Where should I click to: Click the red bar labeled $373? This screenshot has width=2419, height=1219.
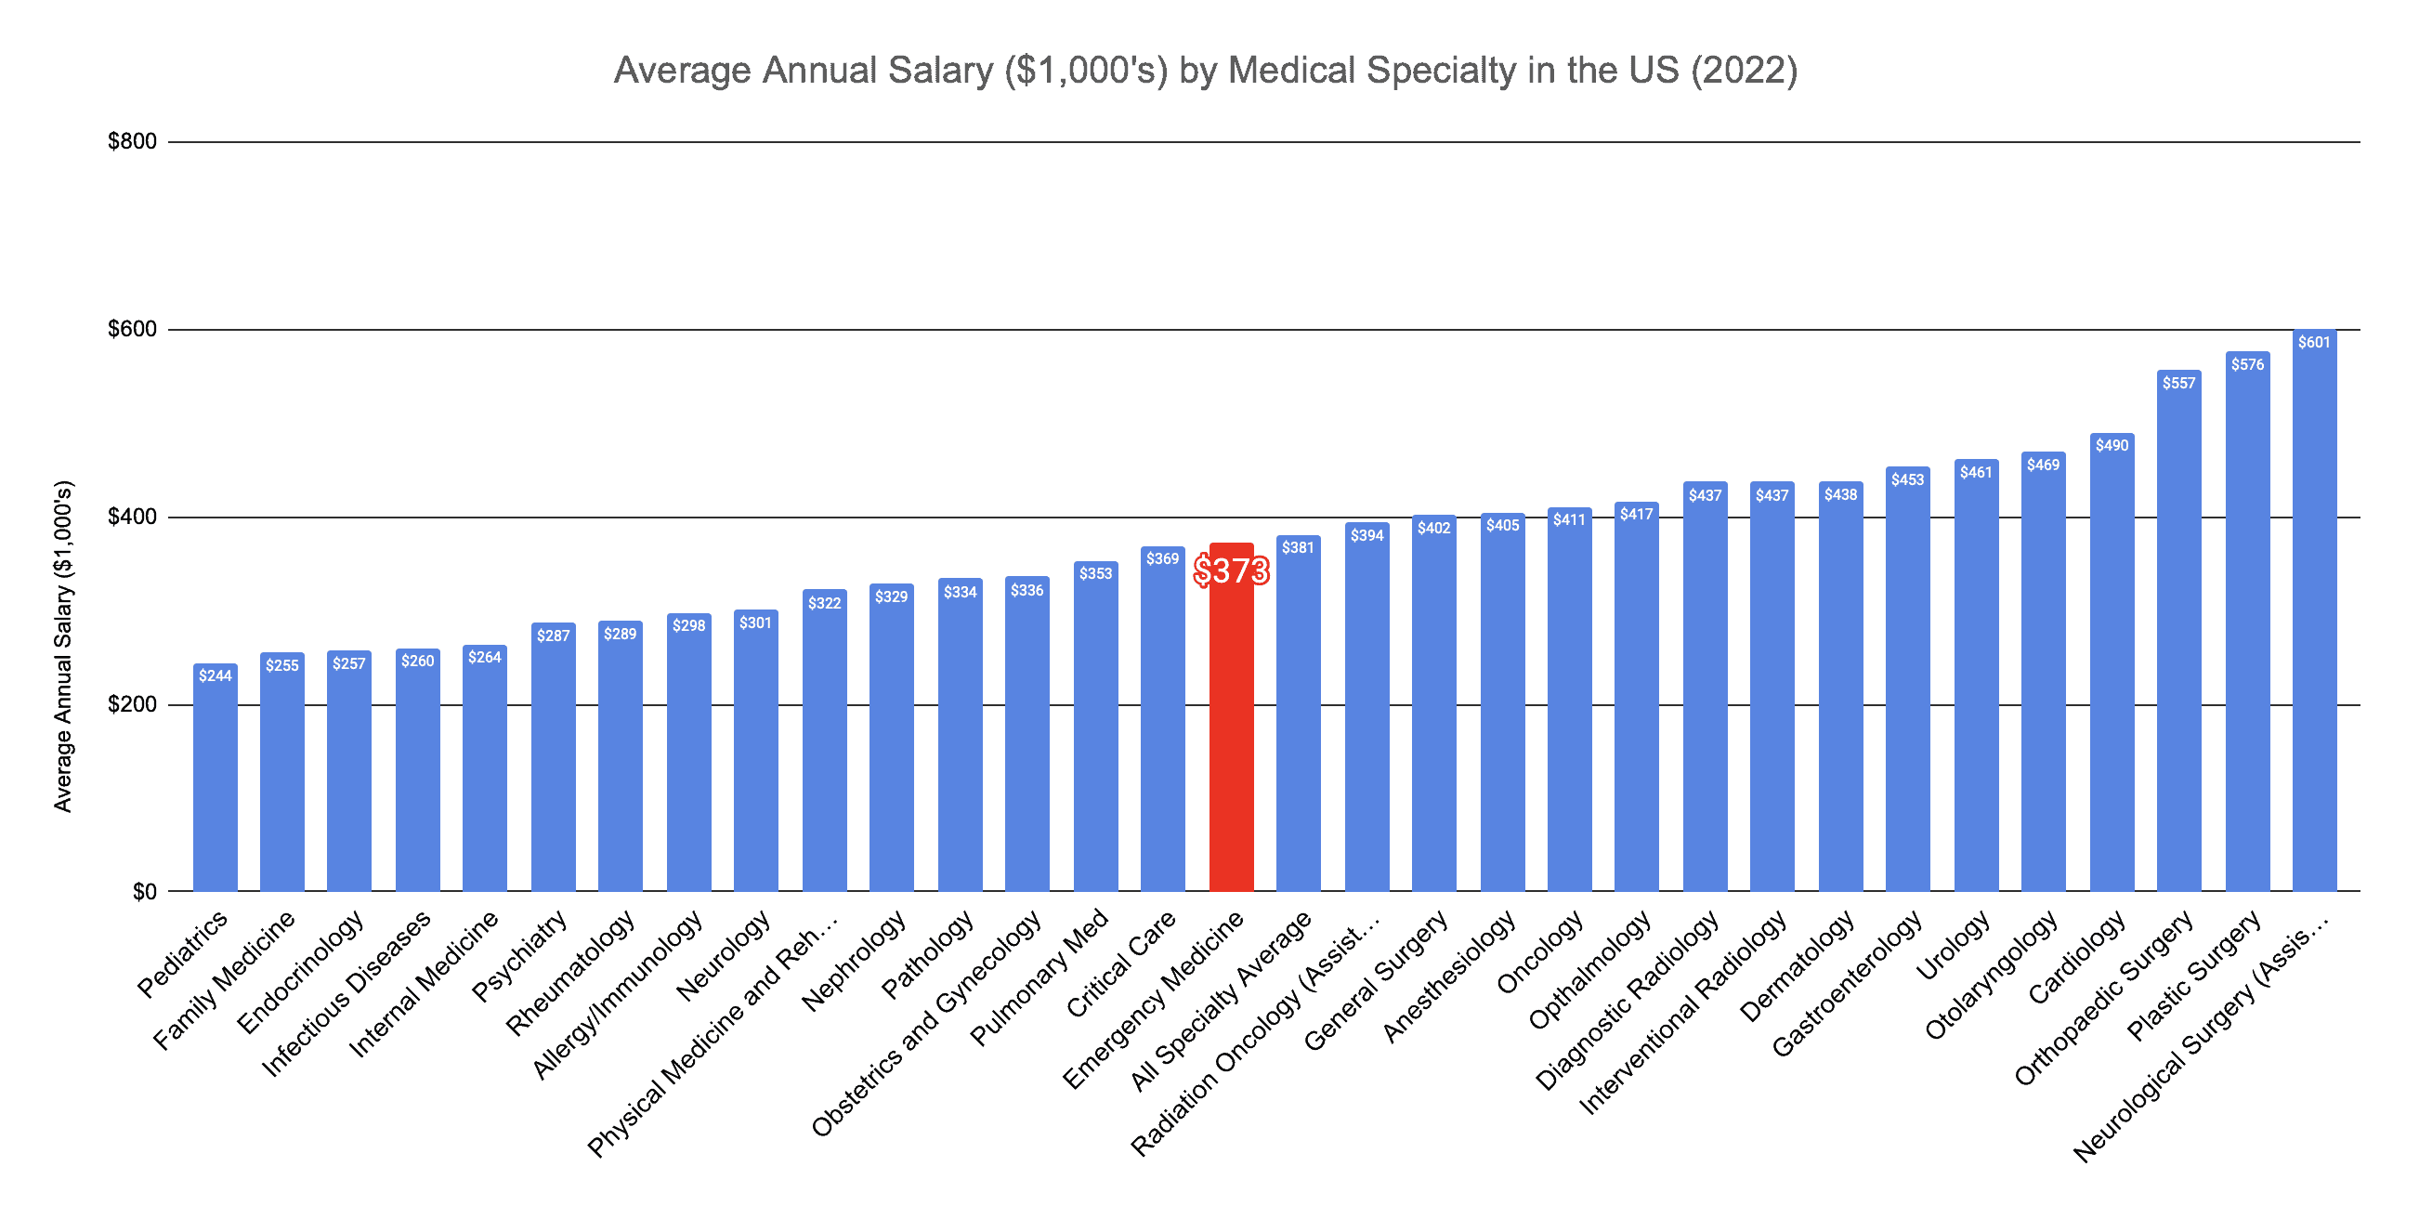pos(1230,732)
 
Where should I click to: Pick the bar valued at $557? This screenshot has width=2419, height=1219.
pos(2178,638)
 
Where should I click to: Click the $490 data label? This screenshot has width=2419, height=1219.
pos(2112,445)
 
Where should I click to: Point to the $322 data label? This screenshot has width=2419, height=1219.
pos(825,603)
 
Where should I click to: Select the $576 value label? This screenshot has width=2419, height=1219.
pos(2247,364)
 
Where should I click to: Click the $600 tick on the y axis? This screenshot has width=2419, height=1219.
pos(133,330)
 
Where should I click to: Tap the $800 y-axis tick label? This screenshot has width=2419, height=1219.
pos(133,142)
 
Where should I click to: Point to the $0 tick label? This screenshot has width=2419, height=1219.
pos(145,892)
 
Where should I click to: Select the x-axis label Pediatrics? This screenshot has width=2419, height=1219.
pos(183,953)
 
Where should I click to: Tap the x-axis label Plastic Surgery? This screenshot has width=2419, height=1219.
pos(2193,977)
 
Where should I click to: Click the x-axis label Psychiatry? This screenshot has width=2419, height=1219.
pos(519,956)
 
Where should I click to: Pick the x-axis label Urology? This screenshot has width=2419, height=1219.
pos(1954,945)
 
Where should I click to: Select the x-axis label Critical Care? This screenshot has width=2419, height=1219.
pos(1120,963)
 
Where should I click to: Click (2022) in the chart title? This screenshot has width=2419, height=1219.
pos(1744,71)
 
